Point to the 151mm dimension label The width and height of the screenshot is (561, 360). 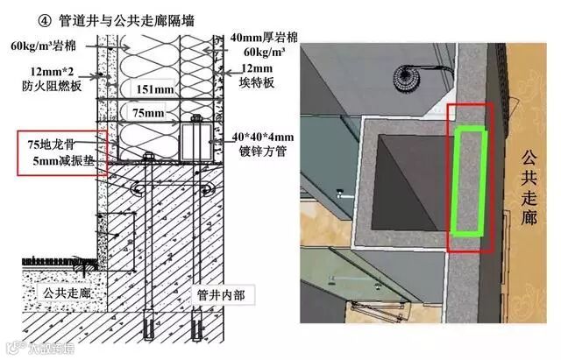(149, 88)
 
